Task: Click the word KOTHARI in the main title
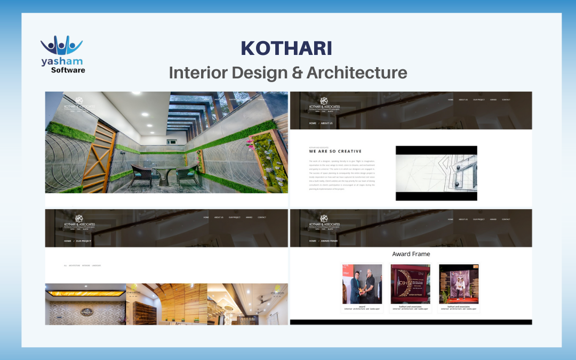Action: click(286, 48)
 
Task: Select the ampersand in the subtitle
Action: click(296, 73)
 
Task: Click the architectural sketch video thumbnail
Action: click(436, 173)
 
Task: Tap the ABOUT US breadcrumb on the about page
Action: click(327, 123)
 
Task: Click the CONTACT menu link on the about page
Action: click(506, 100)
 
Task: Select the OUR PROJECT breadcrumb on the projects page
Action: click(84, 241)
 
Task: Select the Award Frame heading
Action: click(411, 254)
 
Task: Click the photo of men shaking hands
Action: click(362, 284)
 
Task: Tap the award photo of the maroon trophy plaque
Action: click(410, 284)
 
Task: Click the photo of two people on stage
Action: click(459, 284)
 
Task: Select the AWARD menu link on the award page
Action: click(493, 219)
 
